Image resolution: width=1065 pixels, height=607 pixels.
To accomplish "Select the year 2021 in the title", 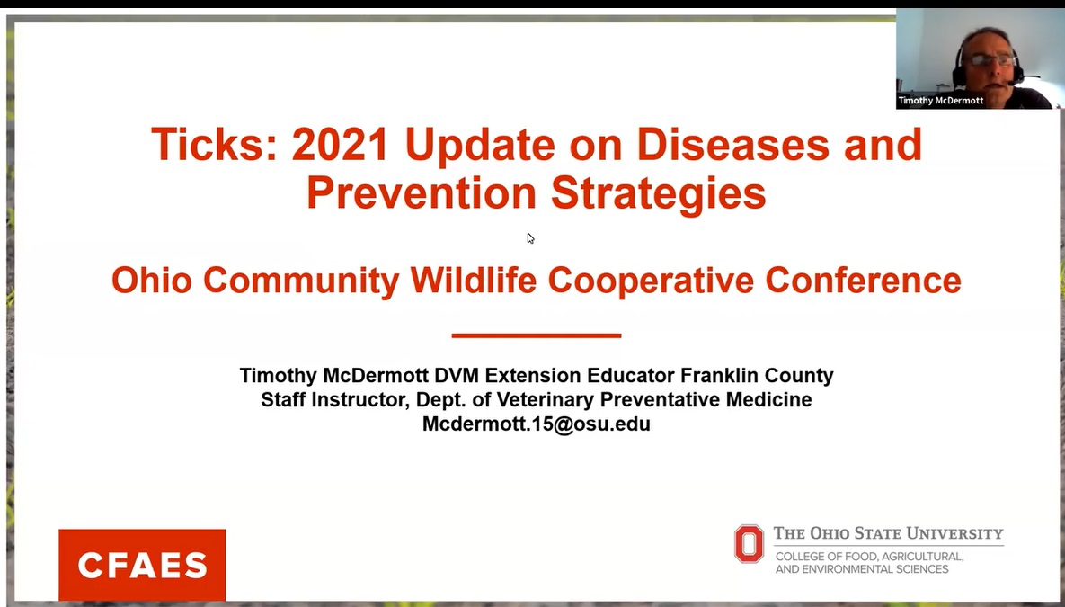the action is point(341,144).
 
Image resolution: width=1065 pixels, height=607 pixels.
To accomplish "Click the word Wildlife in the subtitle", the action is point(474,280).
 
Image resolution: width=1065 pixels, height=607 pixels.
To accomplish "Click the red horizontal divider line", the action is point(537,335).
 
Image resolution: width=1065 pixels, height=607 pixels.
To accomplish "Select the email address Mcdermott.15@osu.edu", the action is point(537,424).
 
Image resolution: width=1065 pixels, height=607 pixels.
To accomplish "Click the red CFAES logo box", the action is point(142,564).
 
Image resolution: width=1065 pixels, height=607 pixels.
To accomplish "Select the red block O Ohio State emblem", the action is point(749,544).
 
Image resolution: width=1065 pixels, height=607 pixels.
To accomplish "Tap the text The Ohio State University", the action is point(889,533).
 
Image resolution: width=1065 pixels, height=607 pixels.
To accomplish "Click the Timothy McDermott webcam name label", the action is point(941,101).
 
